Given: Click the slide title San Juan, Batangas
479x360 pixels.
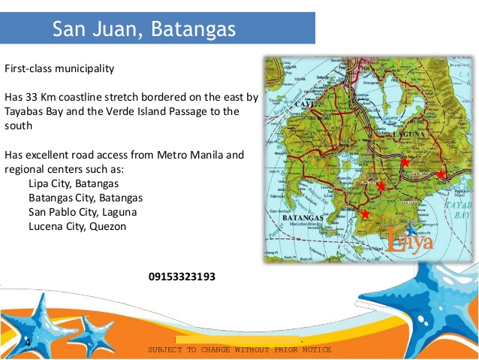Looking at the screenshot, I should (144, 29).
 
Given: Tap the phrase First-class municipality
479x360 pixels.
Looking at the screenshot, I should (59, 68).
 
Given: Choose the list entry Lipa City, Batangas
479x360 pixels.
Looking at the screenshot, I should (74, 183).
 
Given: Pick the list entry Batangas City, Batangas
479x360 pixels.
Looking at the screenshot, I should (86, 198).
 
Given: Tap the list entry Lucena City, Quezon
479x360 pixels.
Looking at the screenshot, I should (77, 226).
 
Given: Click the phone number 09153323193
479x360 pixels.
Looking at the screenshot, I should (182, 277).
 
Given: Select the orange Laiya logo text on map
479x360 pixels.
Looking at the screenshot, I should (410, 241).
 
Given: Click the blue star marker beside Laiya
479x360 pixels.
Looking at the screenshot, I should (410, 228).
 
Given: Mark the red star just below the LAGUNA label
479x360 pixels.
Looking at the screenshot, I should (405, 162).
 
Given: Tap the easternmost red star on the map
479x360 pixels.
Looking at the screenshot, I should (441, 174).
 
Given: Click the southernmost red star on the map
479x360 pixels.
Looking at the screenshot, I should (365, 214).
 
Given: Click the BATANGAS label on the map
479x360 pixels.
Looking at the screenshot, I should (303, 218).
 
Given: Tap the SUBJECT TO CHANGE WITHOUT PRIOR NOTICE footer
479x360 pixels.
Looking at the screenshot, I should (239, 350).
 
